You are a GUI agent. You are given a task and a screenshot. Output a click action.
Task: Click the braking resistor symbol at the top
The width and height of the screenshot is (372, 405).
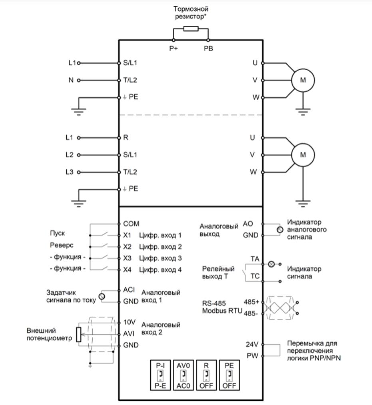(191, 29)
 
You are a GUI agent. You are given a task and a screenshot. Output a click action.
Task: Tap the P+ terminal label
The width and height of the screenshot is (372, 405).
(173, 48)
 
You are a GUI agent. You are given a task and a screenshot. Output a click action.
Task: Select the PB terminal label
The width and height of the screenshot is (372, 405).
(208, 48)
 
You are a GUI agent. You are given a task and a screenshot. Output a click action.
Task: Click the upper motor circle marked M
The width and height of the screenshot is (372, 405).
(303, 80)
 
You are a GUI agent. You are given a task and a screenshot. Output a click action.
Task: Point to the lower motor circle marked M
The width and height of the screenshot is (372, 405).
(303, 155)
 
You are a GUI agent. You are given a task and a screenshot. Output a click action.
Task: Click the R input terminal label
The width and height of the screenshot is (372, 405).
(126, 137)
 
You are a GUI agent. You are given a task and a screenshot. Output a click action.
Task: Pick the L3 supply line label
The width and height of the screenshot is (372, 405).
(70, 172)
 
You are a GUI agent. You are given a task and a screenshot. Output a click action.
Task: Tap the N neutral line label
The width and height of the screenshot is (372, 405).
(71, 80)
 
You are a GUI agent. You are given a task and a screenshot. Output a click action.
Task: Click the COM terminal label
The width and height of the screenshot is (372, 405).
(131, 223)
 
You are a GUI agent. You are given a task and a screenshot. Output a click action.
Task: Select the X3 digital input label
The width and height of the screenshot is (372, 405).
(127, 258)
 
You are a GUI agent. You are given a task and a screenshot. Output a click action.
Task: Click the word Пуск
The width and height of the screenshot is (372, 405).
(58, 233)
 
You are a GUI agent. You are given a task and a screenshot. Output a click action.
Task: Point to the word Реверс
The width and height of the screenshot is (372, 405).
(62, 245)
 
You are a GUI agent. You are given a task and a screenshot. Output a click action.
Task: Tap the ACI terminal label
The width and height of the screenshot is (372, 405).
(129, 290)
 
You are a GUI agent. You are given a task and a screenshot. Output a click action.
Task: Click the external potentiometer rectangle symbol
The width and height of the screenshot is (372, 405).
(79, 334)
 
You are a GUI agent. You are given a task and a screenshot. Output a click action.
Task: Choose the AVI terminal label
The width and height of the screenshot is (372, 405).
(129, 334)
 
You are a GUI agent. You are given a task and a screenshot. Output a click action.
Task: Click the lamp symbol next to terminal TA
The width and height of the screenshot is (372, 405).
(271, 264)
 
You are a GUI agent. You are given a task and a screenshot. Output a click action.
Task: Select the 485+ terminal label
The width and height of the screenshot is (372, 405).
(251, 302)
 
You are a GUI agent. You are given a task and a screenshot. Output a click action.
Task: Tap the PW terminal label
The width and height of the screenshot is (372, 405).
(253, 355)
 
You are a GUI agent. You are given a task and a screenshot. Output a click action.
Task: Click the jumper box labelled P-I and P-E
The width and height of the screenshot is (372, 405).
(160, 375)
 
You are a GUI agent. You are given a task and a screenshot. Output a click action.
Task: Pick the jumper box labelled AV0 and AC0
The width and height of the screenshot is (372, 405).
(183, 375)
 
